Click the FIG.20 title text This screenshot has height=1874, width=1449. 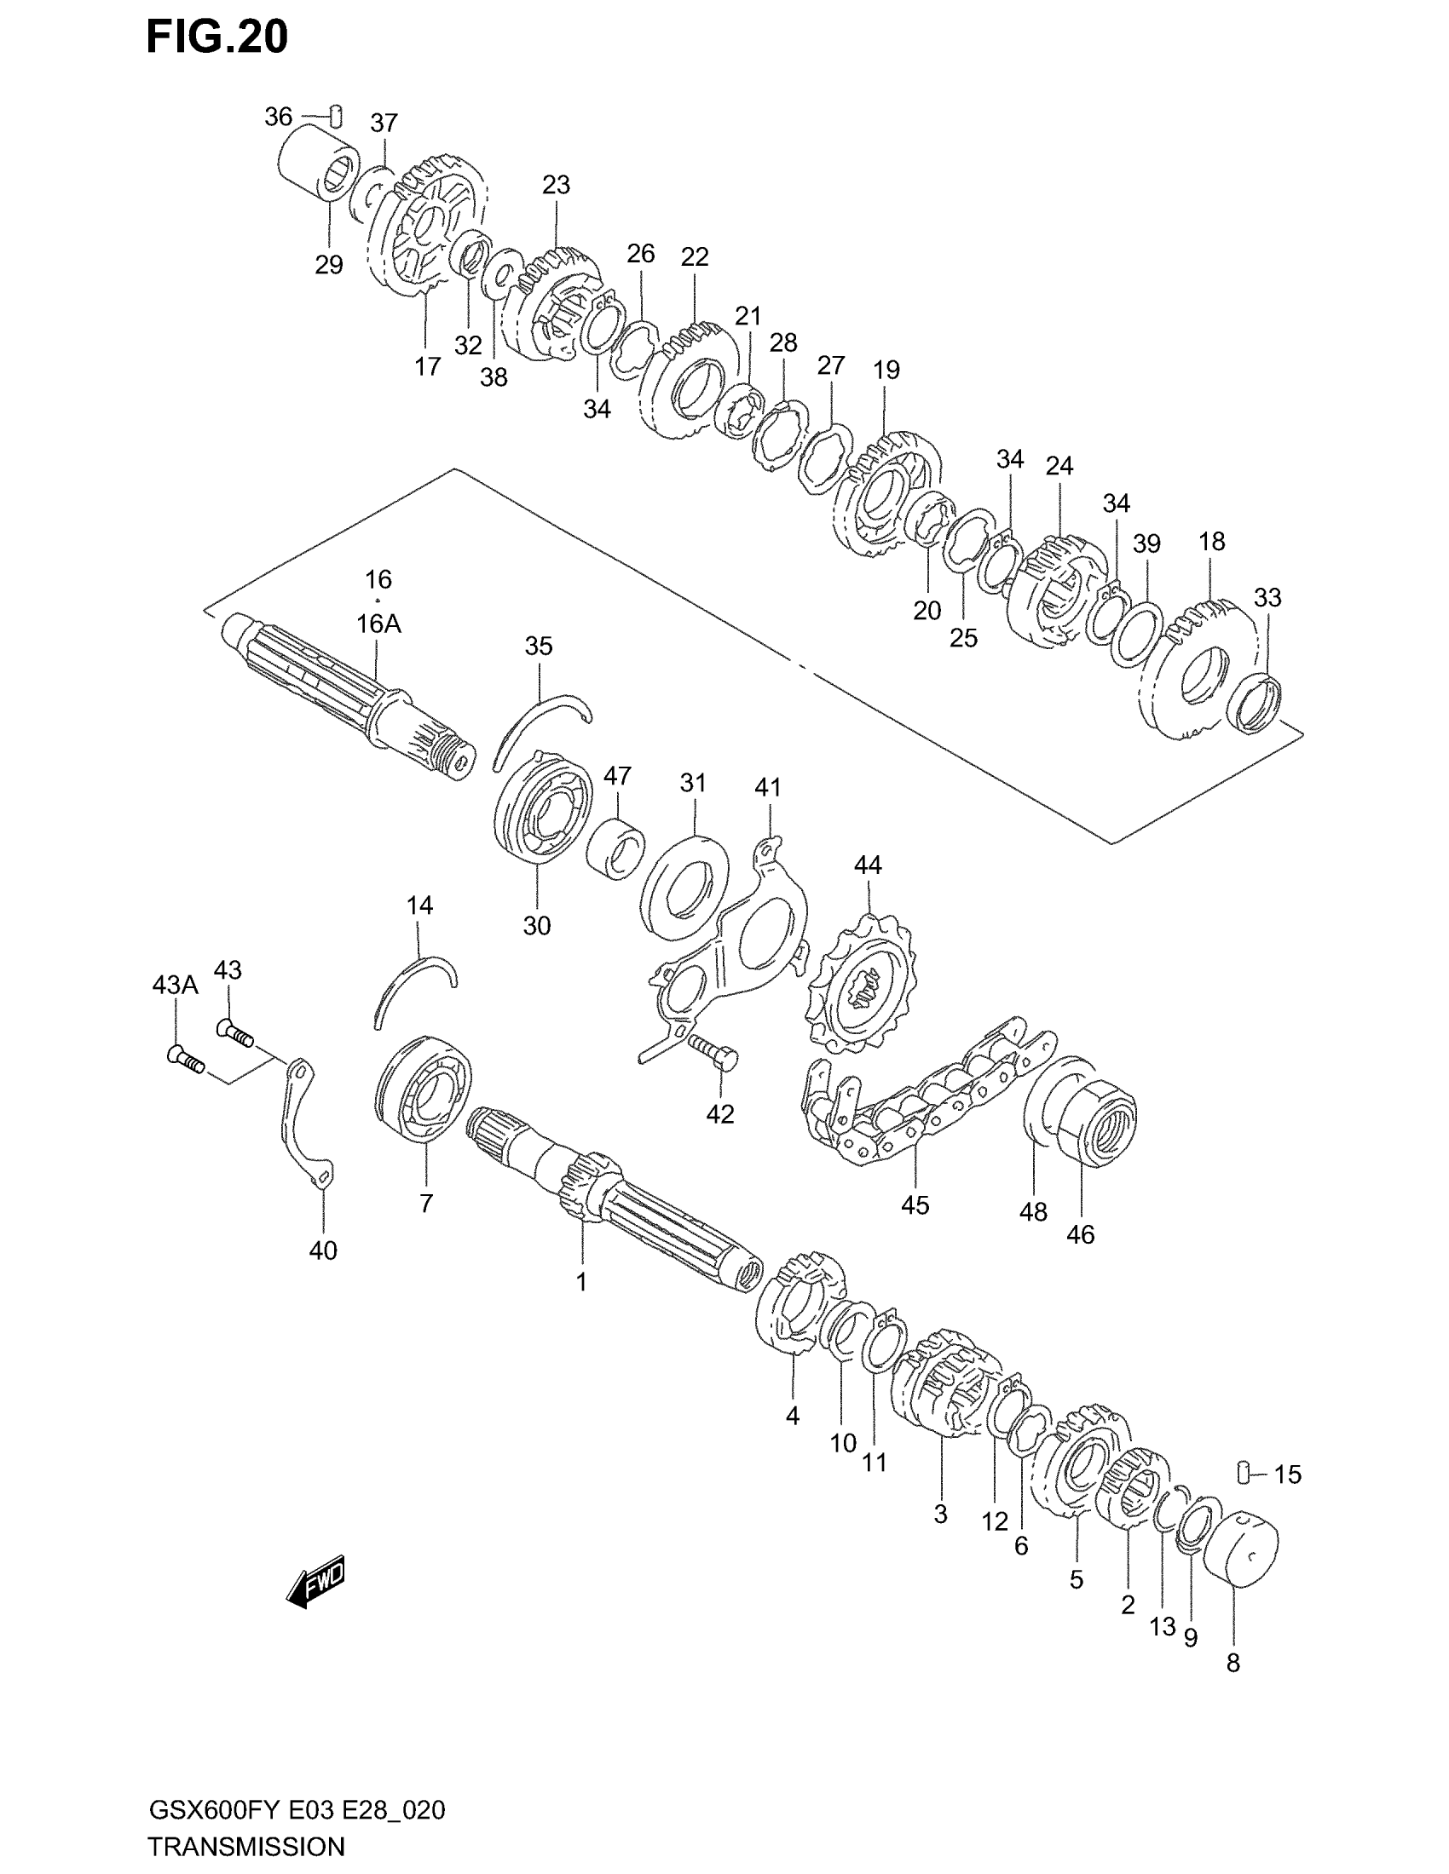click(217, 37)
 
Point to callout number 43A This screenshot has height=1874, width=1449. click(175, 985)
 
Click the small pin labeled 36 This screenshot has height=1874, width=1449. click(338, 112)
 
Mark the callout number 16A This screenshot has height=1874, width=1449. click(378, 624)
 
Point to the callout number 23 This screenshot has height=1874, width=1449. click(557, 185)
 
